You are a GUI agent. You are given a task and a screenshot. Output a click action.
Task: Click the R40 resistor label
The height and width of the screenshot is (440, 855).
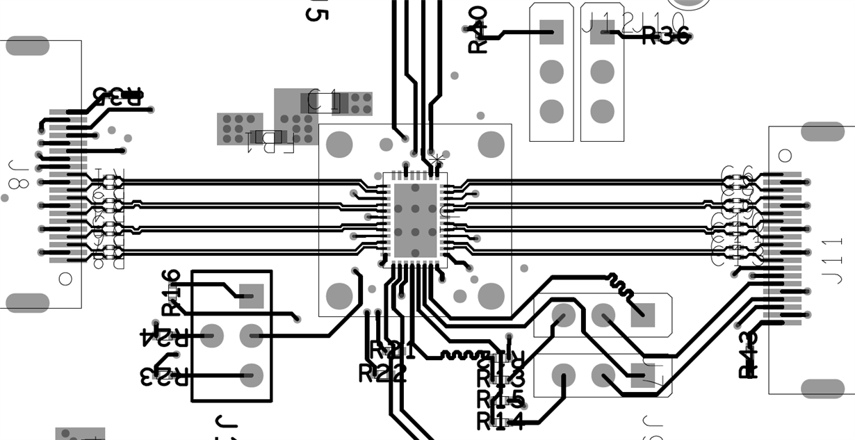(478, 30)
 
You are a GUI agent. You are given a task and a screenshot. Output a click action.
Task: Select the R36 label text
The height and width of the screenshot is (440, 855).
(665, 36)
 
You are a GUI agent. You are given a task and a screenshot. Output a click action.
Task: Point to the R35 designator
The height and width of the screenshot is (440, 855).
(117, 97)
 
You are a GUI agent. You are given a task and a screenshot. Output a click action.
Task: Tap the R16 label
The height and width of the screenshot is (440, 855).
(172, 292)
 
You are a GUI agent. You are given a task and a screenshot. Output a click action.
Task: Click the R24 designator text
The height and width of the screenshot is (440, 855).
(163, 338)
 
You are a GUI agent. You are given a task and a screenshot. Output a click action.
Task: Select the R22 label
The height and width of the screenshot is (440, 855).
(382, 374)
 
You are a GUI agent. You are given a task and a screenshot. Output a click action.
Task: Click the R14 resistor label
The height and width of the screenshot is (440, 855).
(500, 421)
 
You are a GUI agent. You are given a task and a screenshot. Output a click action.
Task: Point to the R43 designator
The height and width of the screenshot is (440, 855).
(748, 355)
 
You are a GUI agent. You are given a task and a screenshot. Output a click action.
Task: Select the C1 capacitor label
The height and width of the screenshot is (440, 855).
(323, 102)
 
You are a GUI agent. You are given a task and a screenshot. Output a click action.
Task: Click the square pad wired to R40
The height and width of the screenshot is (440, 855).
(551, 31)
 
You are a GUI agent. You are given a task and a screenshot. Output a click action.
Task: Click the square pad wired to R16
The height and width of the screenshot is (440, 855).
(251, 296)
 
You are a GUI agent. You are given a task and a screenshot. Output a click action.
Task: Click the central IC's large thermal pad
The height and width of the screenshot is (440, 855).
(415, 220)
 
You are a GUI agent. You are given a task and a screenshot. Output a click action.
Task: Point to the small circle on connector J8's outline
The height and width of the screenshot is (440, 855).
(65, 279)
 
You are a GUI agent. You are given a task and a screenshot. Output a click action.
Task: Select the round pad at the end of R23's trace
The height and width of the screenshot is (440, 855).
(251, 375)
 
